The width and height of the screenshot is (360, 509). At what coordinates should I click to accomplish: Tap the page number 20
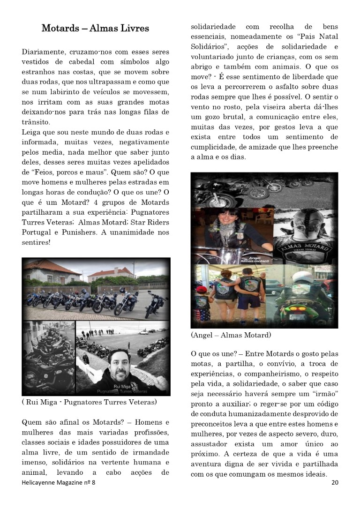334,482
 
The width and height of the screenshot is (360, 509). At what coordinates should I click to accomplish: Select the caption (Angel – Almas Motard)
231,335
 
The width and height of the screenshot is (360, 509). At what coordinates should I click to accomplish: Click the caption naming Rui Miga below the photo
90,402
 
